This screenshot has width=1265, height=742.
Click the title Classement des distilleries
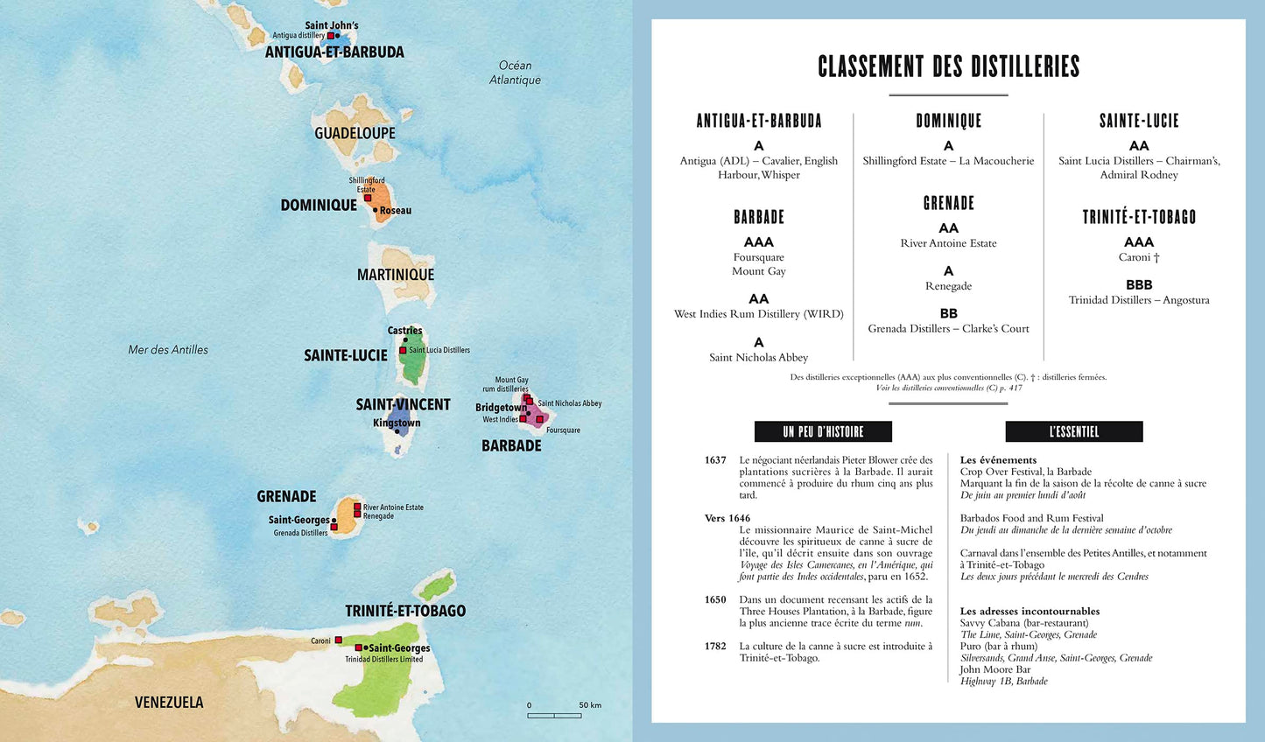[x=948, y=66]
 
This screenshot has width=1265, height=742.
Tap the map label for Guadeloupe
[x=355, y=133]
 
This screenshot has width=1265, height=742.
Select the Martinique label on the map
[x=396, y=275]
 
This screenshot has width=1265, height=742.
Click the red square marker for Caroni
[x=338, y=640]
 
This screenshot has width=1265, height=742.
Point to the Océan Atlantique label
[x=515, y=73]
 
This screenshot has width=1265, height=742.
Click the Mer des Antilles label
[x=168, y=349]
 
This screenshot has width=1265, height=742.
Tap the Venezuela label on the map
[x=169, y=702]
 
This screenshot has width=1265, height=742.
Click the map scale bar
[x=554, y=716]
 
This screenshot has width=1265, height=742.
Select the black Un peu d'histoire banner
[x=823, y=431]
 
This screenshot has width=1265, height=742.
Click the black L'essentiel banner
[x=1073, y=431]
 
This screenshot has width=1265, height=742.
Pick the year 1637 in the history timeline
[x=715, y=460]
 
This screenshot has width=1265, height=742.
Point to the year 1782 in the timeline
[x=715, y=647]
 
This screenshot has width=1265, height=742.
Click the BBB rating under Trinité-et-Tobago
[x=1139, y=285]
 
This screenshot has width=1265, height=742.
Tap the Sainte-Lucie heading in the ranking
[x=1139, y=121]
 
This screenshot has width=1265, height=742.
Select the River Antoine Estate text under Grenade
[x=948, y=243]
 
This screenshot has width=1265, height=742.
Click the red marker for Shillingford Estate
[x=368, y=198]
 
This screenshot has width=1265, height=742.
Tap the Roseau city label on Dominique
[x=395, y=210]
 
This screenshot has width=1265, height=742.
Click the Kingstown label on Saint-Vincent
[x=397, y=423]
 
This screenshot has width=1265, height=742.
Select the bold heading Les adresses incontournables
[x=1030, y=612]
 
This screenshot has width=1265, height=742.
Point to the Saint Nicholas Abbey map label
[x=570, y=403]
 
